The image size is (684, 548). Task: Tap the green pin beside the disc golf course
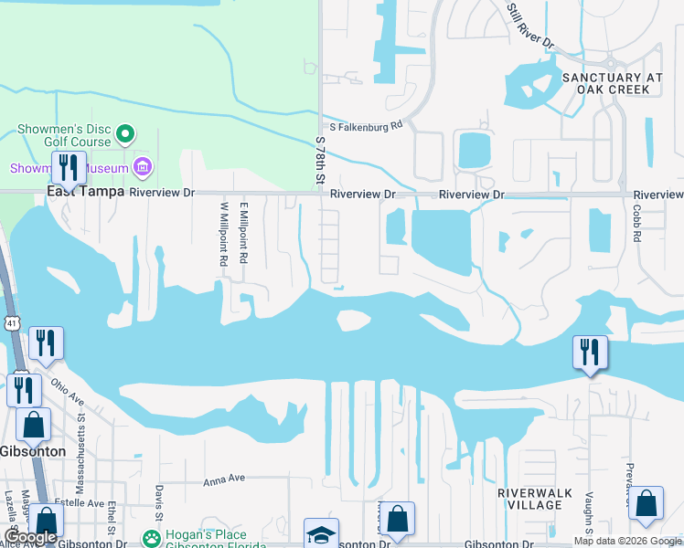pyautogui.click(x=126, y=135)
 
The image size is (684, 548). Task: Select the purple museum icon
pyautogui.click(x=141, y=167)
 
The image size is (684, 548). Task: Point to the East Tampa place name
pyautogui.click(x=87, y=194)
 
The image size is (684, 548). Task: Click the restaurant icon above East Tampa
pyautogui.click(x=69, y=167)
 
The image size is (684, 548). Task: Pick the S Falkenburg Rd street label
pyautogui.click(x=366, y=127)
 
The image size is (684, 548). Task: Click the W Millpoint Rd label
pyautogui.click(x=223, y=234)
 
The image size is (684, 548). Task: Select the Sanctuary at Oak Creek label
pyautogui.click(x=611, y=84)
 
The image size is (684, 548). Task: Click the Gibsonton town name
pyautogui.click(x=32, y=451)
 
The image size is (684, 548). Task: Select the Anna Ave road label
pyautogui.click(x=225, y=478)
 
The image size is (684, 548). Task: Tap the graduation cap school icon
pyautogui.click(x=321, y=534)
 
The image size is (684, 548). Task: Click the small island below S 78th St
pyautogui.click(x=352, y=321)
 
